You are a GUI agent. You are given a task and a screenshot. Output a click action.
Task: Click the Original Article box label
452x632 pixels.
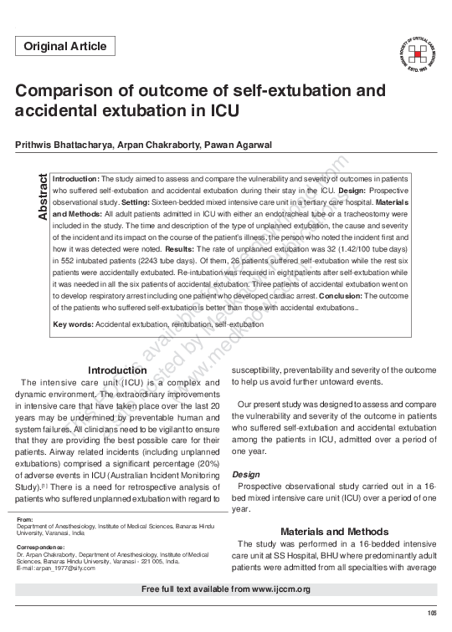(65, 47)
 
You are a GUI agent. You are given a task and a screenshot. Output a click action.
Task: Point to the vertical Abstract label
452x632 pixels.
(42, 197)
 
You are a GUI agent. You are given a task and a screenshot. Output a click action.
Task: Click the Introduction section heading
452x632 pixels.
(117, 370)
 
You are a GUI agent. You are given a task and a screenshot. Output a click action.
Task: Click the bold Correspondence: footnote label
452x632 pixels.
(41, 547)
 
